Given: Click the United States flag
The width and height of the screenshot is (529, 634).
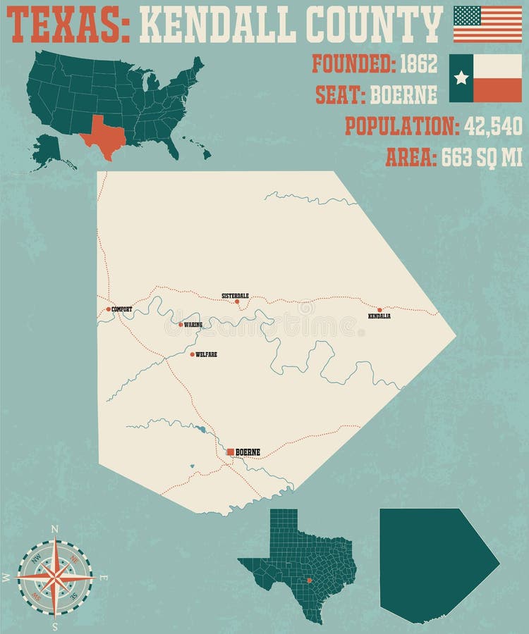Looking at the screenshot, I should tap(487, 24).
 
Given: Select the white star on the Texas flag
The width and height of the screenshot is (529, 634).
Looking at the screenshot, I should tap(461, 77).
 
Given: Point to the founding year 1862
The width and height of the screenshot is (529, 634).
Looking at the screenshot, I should tap(418, 64).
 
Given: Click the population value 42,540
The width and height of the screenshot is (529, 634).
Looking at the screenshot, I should tap(493, 126).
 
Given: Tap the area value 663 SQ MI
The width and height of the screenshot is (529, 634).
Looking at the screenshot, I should tap(482, 158).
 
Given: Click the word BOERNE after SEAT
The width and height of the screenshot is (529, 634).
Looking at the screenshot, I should tap(403, 94).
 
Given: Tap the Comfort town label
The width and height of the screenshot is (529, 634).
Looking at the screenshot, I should tap(122, 309).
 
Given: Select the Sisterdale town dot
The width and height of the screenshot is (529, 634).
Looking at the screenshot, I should tap(237, 302).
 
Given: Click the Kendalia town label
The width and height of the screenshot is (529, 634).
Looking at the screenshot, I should tap(379, 316).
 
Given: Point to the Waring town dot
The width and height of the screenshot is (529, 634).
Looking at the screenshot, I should tap(181, 325).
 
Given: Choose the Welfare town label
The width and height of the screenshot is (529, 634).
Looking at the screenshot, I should tap(206, 354).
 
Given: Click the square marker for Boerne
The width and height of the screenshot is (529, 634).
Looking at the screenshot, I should tap(230, 452).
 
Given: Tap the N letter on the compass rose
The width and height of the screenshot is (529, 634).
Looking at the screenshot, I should tap(55, 528).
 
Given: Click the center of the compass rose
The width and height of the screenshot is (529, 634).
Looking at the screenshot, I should tap(55, 577).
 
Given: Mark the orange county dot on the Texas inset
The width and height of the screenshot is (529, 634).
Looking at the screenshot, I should tap(309, 580).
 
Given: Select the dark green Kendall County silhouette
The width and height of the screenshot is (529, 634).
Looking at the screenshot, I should tap(430, 564).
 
